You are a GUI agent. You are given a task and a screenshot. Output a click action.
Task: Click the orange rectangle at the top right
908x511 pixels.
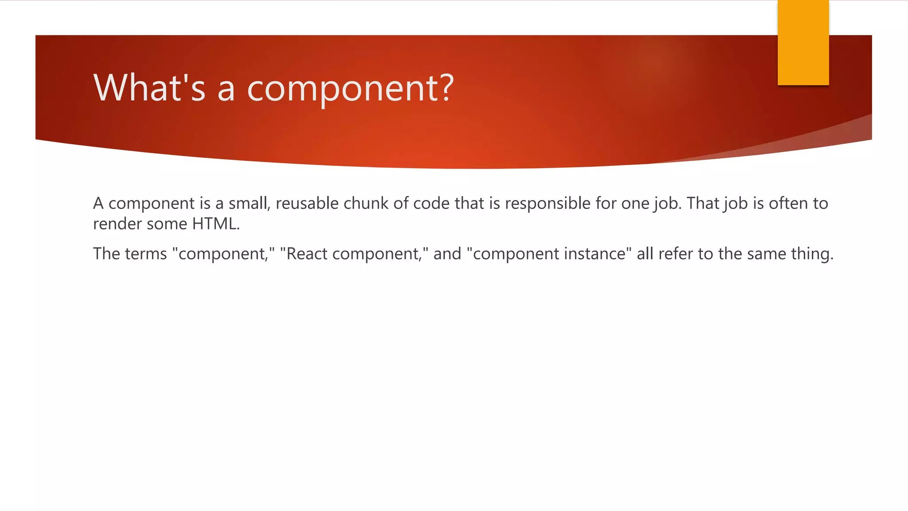pos(803,43)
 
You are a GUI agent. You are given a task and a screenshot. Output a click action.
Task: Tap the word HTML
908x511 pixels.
pos(215,224)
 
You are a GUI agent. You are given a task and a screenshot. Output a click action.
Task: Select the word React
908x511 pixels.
pos(307,254)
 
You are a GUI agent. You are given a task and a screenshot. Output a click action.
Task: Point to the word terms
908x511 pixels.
pos(146,254)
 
